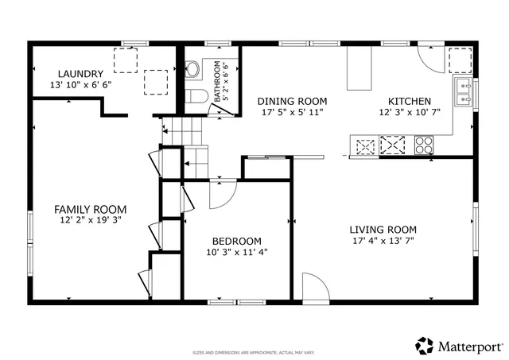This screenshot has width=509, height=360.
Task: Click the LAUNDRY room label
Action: click(80, 72)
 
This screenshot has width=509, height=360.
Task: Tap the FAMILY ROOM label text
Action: click(90, 209)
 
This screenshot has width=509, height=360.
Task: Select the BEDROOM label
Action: click(236, 242)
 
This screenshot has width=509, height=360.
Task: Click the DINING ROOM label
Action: click(292, 102)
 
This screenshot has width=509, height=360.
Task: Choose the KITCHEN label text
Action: click(409, 102)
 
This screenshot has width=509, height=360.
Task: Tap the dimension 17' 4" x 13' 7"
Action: click(383, 241)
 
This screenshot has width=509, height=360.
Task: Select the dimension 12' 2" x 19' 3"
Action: click(90, 220)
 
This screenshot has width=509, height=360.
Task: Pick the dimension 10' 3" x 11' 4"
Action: click(236, 253)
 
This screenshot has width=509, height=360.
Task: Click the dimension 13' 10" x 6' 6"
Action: click(80, 83)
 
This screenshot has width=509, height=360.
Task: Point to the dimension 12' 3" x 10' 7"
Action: click(409, 113)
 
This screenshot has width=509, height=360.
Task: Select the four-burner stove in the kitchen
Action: click(424, 145)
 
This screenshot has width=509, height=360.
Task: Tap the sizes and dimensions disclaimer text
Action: click(254, 352)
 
